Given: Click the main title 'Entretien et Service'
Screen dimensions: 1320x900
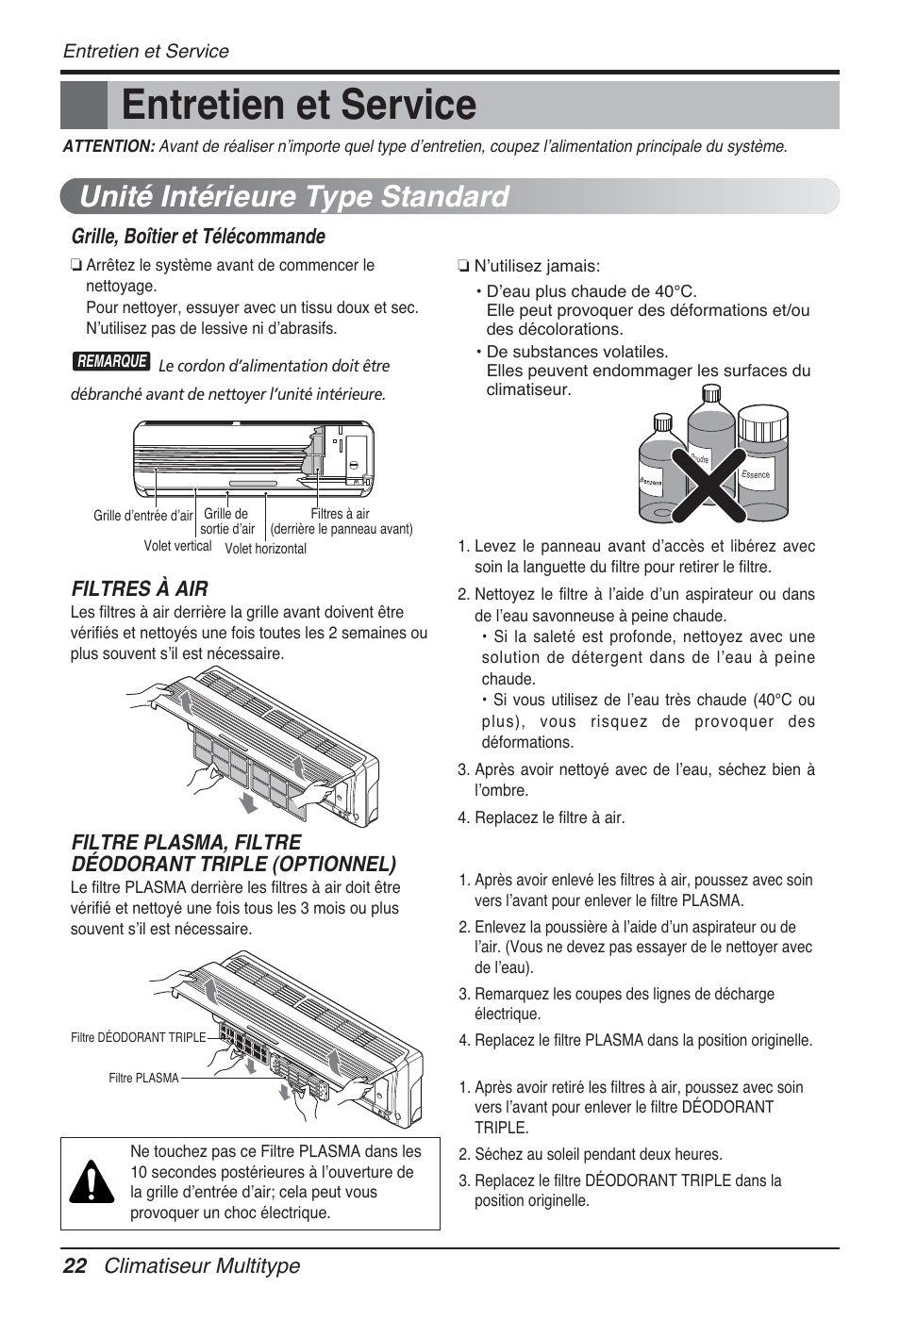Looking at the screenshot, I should [x=298, y=105].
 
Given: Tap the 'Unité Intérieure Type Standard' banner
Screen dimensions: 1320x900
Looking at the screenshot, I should [x=294, y=196].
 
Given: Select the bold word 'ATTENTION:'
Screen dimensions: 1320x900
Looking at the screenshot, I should [x=108, y=146].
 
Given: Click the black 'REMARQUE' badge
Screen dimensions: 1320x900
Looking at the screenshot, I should [x=111, y=361].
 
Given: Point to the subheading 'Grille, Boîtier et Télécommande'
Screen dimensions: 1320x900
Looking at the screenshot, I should [x=198, y=236].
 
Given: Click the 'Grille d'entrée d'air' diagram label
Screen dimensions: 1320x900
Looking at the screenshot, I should [x=142, y=516].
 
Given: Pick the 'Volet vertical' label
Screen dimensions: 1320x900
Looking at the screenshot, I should [x=177, y=546].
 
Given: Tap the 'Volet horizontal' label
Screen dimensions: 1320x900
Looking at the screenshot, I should [x=265, y=549].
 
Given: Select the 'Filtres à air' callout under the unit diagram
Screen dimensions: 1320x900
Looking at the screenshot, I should [x=341, y=521].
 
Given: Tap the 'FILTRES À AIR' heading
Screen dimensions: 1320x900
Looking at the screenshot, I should [x=140, y=588].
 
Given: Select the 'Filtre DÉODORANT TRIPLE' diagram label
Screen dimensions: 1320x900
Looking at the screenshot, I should [x=138, y=1037].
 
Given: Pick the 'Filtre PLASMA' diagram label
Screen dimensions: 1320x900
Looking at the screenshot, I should [x=143, y=1078].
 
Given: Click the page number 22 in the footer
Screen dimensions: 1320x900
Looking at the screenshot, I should [x=75, y=1266].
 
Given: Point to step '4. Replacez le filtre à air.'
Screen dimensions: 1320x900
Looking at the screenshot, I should [x=542, y=817].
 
